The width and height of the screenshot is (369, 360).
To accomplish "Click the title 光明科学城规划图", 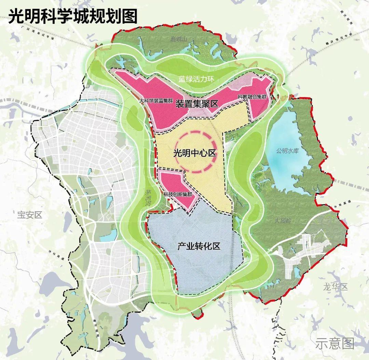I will [x=73, y=16].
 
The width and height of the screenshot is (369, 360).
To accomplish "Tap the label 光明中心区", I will [x=195, y=153].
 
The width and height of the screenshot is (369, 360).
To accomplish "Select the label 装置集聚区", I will [x=197, y=104].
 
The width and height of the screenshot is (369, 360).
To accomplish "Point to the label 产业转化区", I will [x=199, y=246].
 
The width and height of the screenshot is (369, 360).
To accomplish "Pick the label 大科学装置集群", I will [x=157, y=102].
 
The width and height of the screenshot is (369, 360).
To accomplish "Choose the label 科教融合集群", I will [x=252, y=97].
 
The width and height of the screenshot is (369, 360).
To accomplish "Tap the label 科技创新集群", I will [x=178, y=194].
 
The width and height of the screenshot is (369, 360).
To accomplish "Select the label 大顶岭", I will [x=282, y=221].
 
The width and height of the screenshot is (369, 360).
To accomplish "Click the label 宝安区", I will [x=29, y=215].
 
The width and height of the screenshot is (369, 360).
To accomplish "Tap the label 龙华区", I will [x=335, y=287].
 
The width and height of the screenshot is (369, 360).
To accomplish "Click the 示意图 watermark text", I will [x=334, y=343].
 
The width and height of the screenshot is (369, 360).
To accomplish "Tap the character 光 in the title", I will [x=17, y=16].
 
